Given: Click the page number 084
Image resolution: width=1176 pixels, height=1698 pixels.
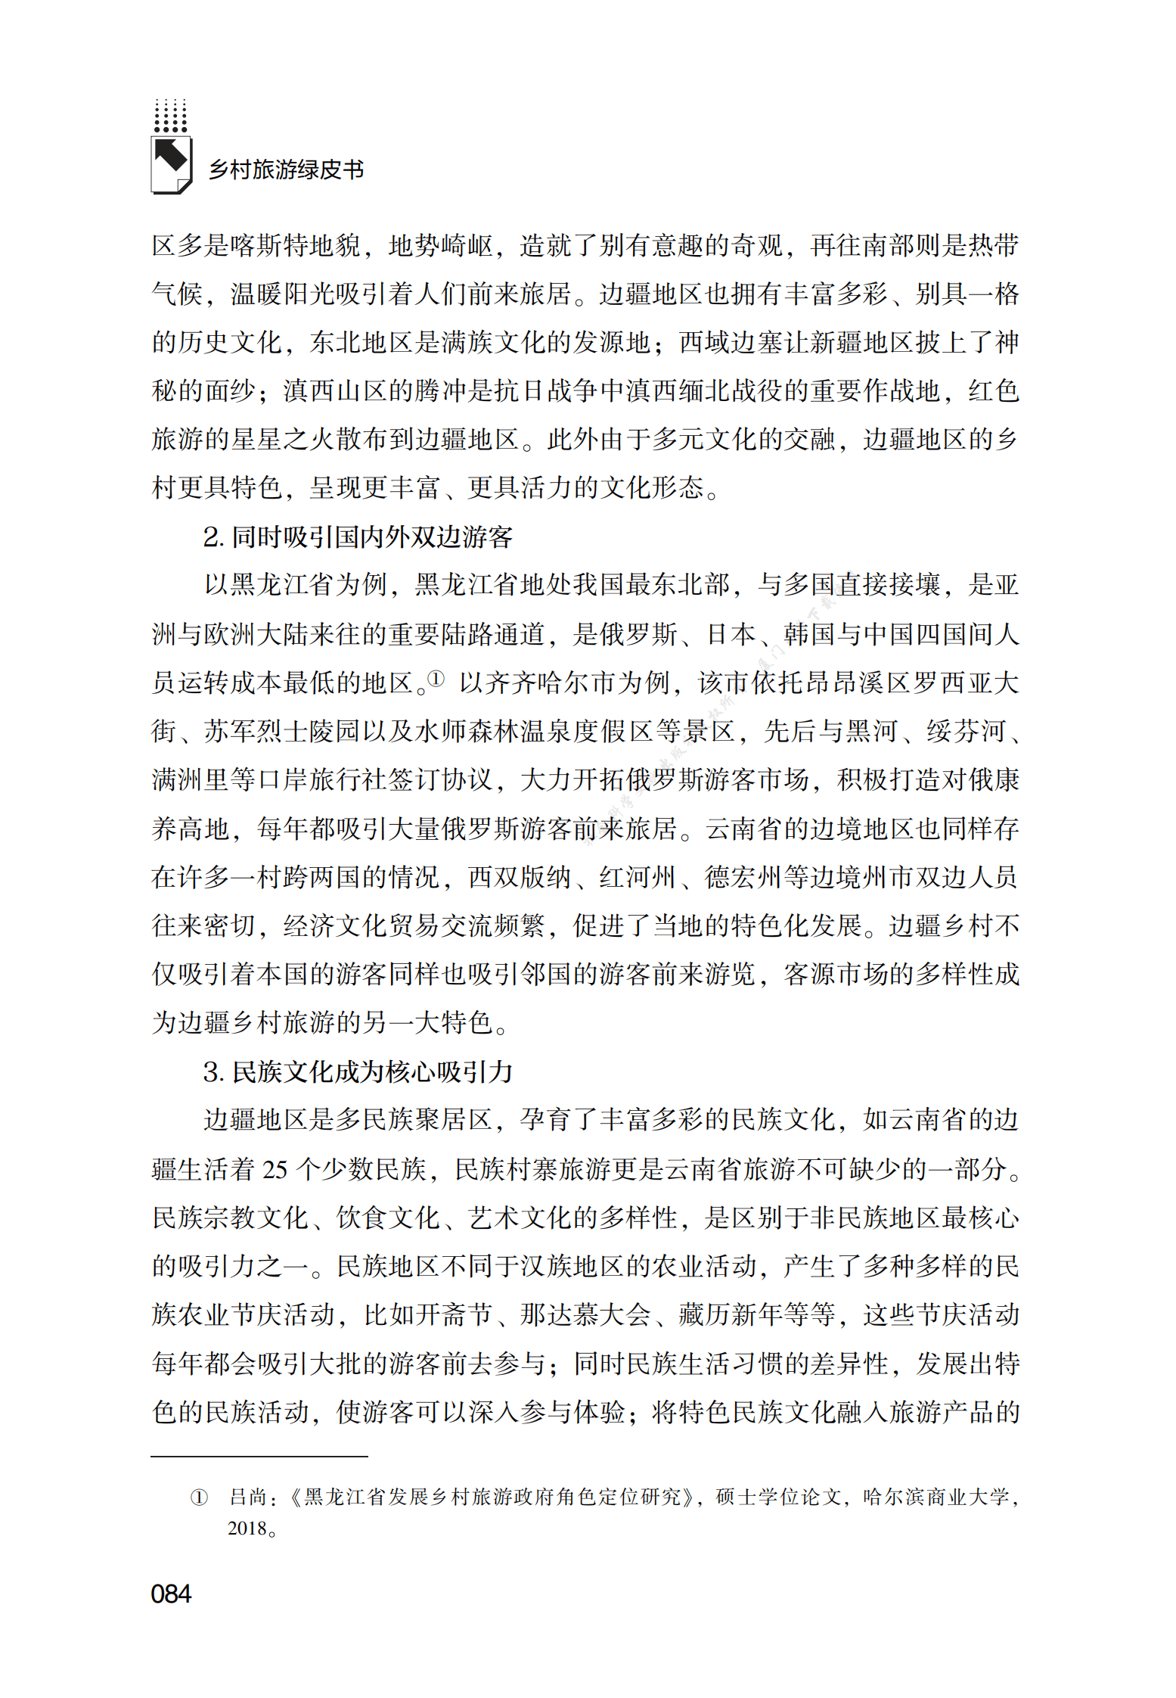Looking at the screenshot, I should [171, 1593].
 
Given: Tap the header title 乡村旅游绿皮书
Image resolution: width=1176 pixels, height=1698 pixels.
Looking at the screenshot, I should [286, 169].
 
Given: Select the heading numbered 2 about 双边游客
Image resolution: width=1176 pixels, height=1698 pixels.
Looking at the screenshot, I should [358, 536].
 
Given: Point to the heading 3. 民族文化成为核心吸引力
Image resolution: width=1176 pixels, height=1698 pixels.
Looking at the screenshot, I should [358, 1071].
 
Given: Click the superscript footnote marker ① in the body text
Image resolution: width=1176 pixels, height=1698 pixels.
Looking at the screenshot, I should [436, 678].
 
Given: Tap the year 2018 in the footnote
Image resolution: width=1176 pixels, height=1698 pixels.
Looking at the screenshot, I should [247, 1528].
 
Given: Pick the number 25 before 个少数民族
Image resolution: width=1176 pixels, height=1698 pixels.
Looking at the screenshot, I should [275, 1170].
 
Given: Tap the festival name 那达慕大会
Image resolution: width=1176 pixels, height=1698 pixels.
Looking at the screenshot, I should [585, 1314].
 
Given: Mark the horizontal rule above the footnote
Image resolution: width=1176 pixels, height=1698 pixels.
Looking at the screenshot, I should [259, 1456].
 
